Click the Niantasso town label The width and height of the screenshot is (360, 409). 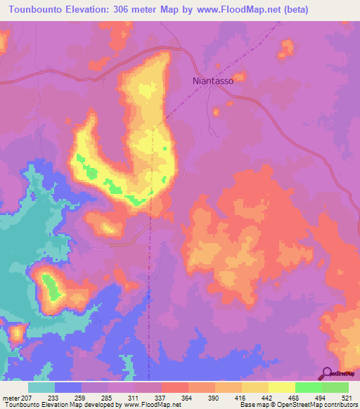(218, 81)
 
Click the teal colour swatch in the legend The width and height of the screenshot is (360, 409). (41, 387)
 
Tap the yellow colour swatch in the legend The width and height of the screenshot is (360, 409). (281, 387)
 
